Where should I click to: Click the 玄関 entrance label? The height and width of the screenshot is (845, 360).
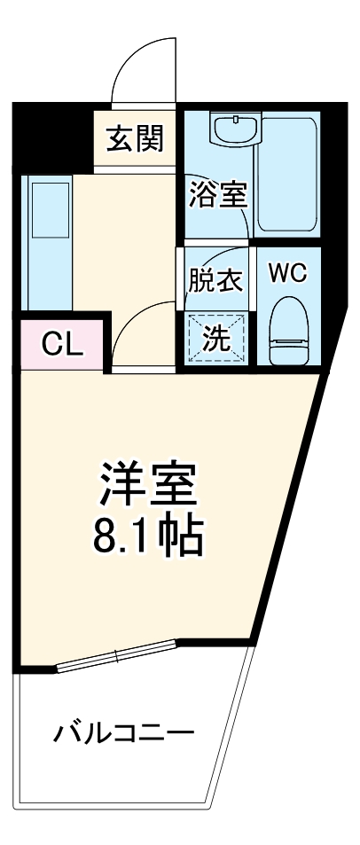[x=135, y=139]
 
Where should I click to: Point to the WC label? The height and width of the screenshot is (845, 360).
[x=287, y=273]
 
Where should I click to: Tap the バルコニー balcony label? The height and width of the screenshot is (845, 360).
[x=123, y=733]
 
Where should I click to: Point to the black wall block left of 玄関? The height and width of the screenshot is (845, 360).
[x=51, y=137]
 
